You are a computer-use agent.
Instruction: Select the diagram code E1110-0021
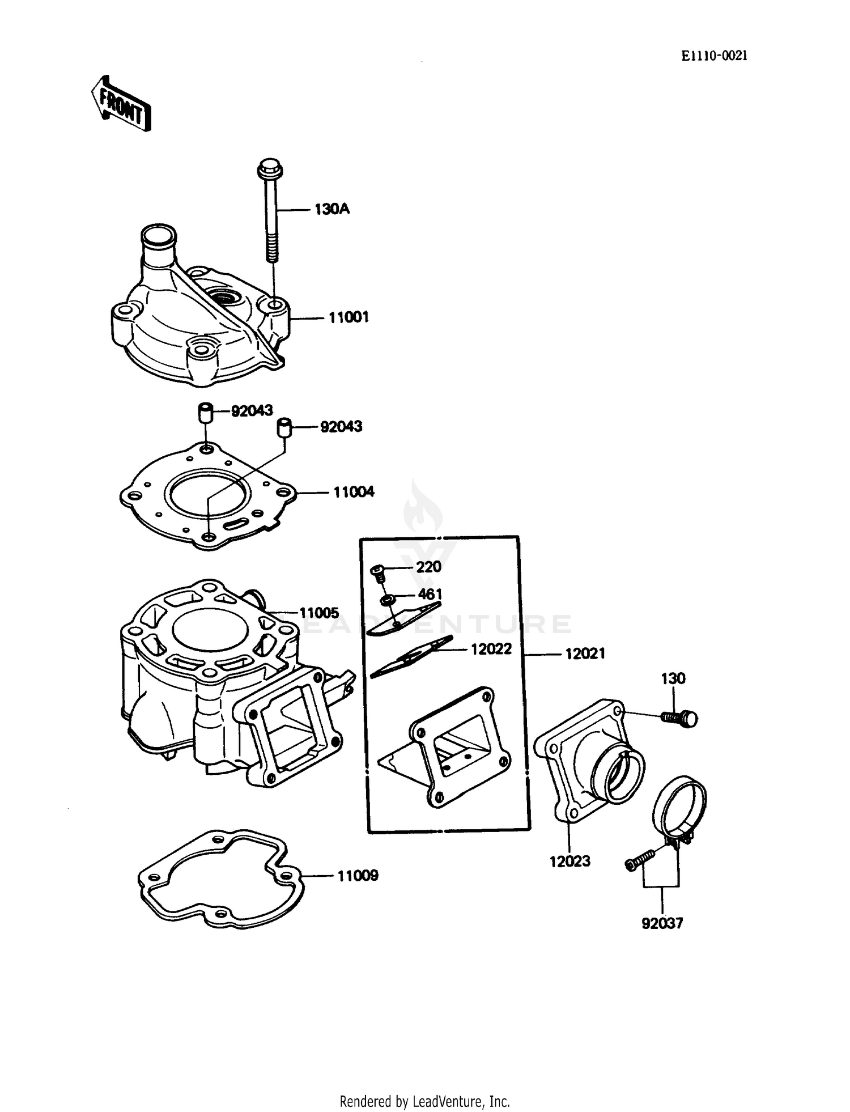(714, 56)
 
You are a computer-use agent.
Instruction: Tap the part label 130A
(332, 210)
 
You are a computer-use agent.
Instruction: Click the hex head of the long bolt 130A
(270, 168)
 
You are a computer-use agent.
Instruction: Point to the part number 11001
(348, 317)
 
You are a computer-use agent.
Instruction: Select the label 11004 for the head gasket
(354, 492)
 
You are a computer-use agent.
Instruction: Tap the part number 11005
(319, 613)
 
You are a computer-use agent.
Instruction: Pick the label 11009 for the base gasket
(358, 876)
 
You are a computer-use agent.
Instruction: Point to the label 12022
(491, 649)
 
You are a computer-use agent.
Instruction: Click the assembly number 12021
(585, 653)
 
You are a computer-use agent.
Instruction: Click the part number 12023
(569, 861)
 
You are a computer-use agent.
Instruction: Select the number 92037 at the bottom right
(662, 923)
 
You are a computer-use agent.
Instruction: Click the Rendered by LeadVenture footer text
(424, 1101)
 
